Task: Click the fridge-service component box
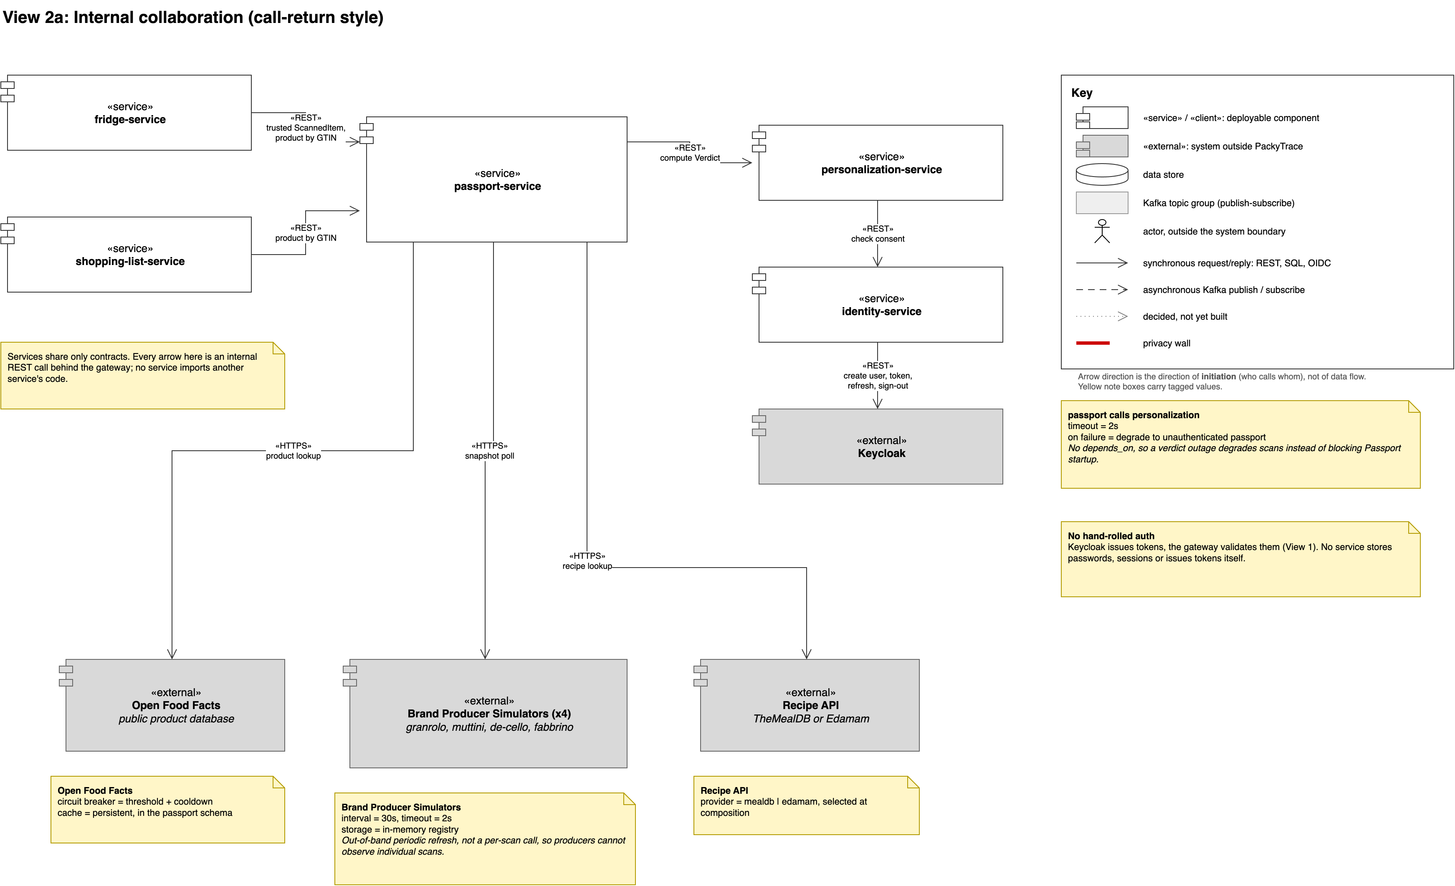(x=129, y=112)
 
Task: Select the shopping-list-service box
(x=129, y=255)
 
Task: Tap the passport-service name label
(x=497, y=187)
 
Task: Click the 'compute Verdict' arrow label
(x=690, y=158)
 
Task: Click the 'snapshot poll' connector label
(x=490, y=456)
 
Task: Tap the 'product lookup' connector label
(x=293, y=456)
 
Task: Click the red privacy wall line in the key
(x=1093, y=343)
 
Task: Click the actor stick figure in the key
(x=1102, y=231)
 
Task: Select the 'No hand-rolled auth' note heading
(x=1111, y=536)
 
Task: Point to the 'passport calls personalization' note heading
(x=1133, y=415)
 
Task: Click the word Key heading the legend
(x=1081, y=93)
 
